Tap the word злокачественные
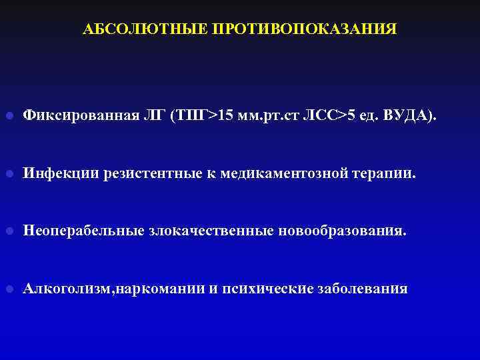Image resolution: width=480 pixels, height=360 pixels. coord(209,231)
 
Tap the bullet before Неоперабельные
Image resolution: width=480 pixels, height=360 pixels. coord(9,232)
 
